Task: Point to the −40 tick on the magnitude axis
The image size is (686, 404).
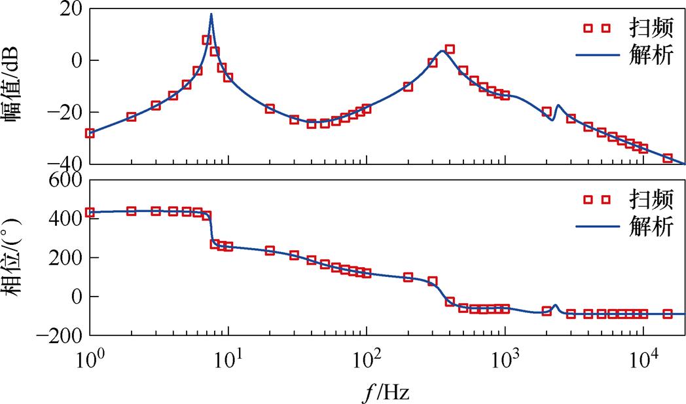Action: point(65,163)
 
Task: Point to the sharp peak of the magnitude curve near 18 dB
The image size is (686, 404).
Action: point(211,14)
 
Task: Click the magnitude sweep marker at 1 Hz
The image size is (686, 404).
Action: point(90,133)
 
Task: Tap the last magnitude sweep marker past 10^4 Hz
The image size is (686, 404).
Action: point(668,158)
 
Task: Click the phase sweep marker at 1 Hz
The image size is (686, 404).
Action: point(90,212)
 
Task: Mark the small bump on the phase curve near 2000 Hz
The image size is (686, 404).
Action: point(555,305)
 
